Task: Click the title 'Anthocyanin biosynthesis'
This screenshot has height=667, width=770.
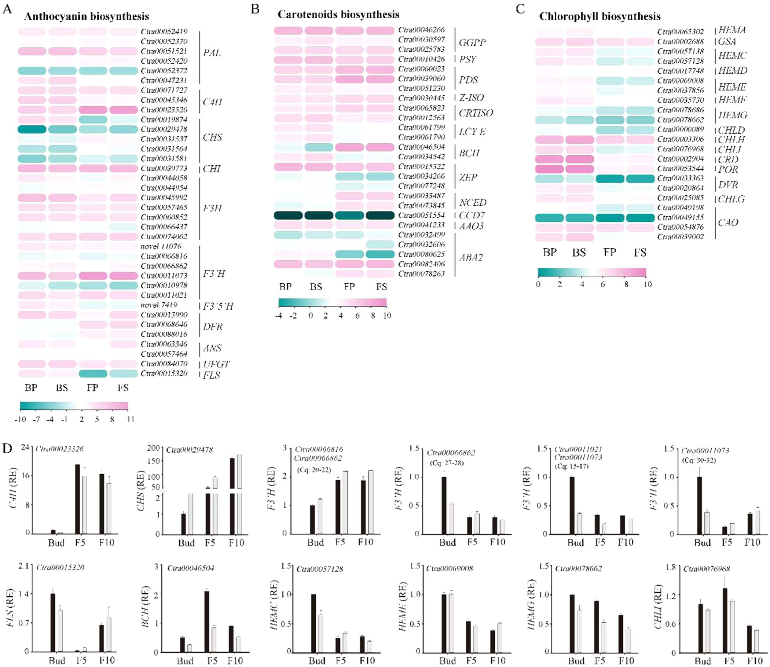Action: pyautogui.click(x=87, y=16)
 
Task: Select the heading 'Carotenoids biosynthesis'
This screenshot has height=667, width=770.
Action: pyautogui.click(x=338, y=15)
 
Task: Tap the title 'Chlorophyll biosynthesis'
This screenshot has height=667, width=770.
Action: pyautogui.click(x=599, y=16)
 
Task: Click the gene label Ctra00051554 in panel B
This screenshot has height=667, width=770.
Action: pyautogui.click(x=421, y=215)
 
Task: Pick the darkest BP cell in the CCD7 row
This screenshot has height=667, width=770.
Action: pyautogui.click(x=287, y=215)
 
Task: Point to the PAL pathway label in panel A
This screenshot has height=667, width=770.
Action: pyautogui.click(x=212, y=53)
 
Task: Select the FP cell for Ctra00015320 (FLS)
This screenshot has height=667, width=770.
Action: pyautogui.click(x=93, y=374)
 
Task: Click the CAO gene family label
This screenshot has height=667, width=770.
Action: pyautogui.click(x=728, y=222)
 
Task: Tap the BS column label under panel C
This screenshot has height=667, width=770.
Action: pyautogui.click(x=579, y=253)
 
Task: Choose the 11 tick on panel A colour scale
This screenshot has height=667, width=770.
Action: pyautogui.click(x=130, y=420)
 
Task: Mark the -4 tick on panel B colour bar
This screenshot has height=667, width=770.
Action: pyautogui.click(x=279, y=316)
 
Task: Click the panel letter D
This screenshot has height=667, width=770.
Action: pyautogui.click(x=7, y=448)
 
